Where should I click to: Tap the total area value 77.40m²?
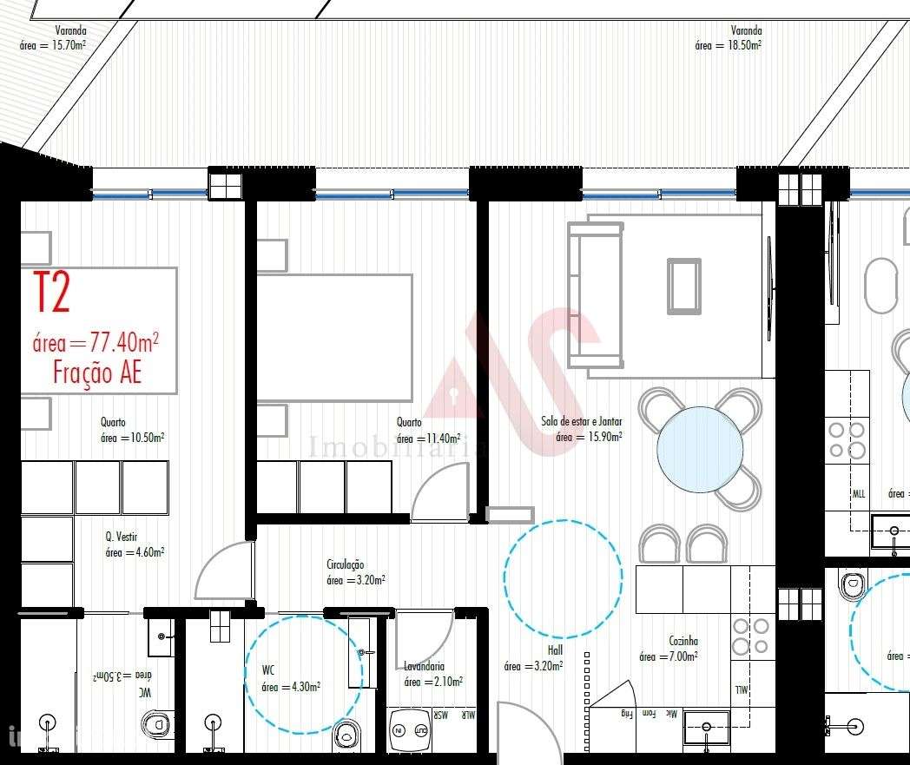click(96, 342)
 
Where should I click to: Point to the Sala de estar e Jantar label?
click(582, 421)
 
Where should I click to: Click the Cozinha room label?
click(684, 640)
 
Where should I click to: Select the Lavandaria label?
click(424, 666)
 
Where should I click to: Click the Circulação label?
click(345, 564)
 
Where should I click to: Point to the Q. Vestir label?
click(122, 537)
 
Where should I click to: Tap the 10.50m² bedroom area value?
click(133, 439)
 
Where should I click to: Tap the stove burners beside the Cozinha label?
click(751, 636)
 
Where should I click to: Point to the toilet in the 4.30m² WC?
click(347, 734)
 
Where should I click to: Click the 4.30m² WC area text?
click(291, 687)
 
